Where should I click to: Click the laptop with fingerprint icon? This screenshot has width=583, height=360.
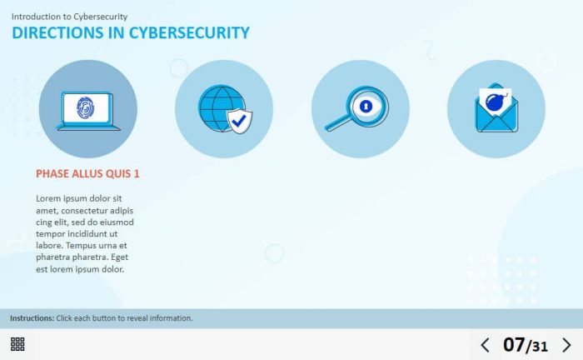click(88, 111)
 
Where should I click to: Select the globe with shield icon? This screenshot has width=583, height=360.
click(225, 109)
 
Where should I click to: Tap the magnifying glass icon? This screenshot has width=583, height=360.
click(357, 108)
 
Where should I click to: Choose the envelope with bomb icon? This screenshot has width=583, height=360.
click(496, 107)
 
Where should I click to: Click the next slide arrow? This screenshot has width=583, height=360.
click(566, 345)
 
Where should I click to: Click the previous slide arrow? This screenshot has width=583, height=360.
click(485, 345)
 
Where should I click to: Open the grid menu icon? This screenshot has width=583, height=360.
click(17, 344)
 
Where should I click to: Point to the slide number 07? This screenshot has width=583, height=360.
click(514, 345)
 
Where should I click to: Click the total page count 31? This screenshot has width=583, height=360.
click(541, 347)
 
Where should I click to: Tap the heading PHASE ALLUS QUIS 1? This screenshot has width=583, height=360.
click(87, 173)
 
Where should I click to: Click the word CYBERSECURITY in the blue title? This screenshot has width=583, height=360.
click(189, 32)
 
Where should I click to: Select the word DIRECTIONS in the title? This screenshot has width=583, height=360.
click(58, 32)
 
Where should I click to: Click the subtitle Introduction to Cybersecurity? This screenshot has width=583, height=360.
click(69, 17)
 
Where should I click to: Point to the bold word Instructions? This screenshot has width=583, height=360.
click(32, 318)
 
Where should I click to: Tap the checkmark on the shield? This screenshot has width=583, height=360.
click(239, 120)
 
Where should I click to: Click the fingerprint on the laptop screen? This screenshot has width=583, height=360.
click(86, 107)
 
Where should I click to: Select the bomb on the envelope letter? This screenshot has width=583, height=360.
click(496, 102)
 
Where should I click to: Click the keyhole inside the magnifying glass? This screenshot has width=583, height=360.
click(366, 107)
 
